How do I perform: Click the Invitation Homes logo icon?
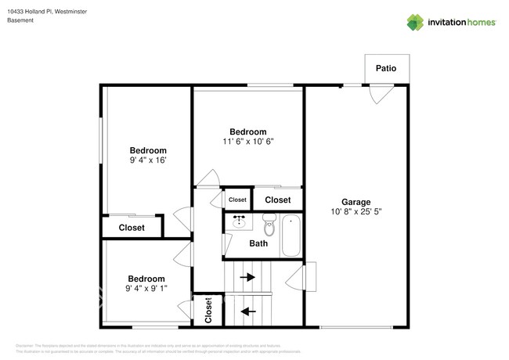(x=414, y=22)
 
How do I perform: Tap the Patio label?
(x=385, y=68)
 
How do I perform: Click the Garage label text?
(x=356, y=201)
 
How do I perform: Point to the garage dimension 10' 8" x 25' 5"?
(x=356, y=211)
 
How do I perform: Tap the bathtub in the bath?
(x=291, y=235)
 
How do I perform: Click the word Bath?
(x=258, y=243)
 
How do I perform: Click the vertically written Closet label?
(x=209, y=310)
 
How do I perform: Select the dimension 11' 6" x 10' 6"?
(x=247, y=142)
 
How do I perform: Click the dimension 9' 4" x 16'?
(x=148, y=160)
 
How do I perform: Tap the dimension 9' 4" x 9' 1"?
(x=146, y=289)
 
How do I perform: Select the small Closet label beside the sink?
(x=237, y=200)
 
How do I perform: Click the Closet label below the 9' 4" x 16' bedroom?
(x=132, y=228)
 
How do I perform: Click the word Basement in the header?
(x=21, y=20)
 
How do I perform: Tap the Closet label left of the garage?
(x=277, y=200)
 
